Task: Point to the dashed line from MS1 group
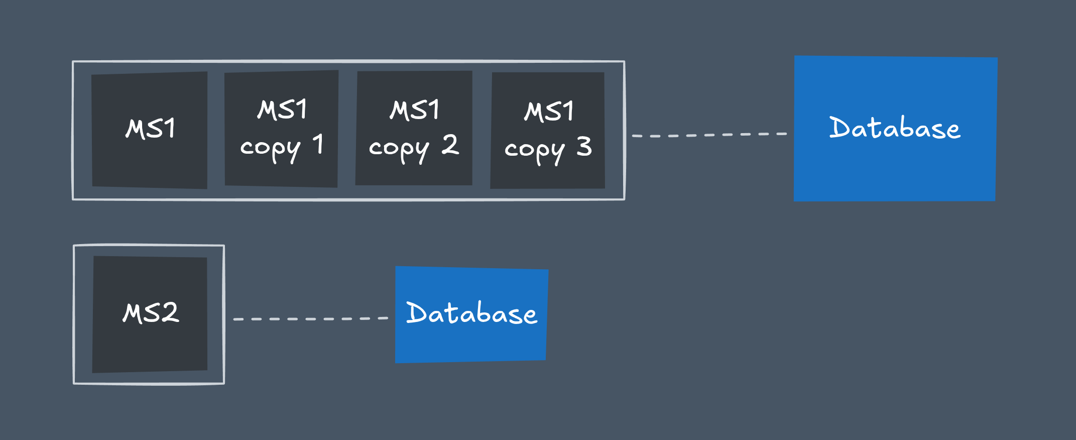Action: [x=709, y=135]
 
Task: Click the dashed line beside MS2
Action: [x=310, y=319]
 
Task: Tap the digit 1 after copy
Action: [x=318, y=144]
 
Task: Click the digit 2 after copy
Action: [x=450, y=145]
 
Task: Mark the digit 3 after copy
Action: [x=584, y=147]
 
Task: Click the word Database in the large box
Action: [x=895, y=128]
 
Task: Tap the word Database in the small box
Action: [x=471, y=313]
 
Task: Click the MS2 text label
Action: [x=151, y=312]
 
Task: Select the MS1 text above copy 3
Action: [x=549, y=111]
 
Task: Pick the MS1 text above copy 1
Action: [x=282, y=109]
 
